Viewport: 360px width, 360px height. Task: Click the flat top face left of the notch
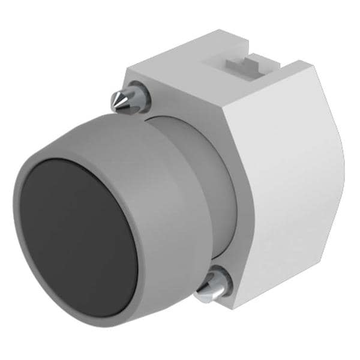tap(180, 66)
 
